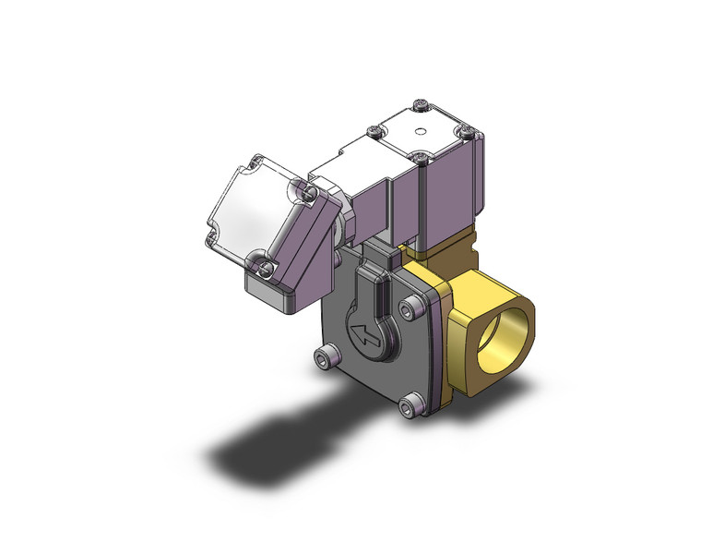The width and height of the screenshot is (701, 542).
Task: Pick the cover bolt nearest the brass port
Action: coord(410,308)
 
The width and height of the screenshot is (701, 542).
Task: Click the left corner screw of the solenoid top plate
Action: coord(373,132)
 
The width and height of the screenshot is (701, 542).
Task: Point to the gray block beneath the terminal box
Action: coord(272,293)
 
